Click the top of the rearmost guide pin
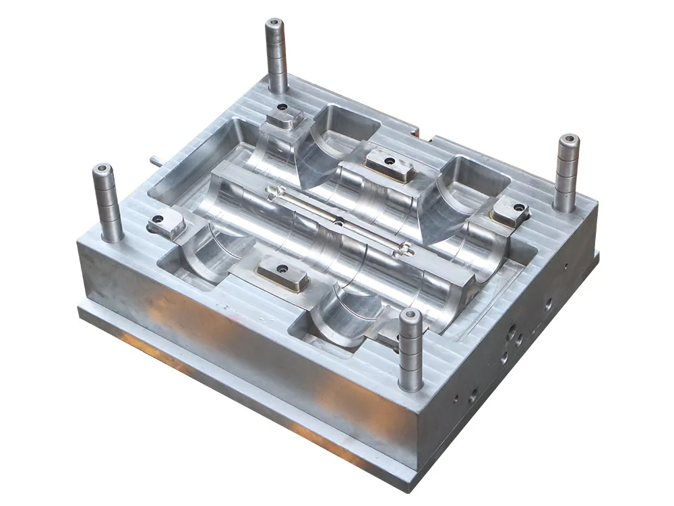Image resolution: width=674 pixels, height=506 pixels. click(x=274, y=24)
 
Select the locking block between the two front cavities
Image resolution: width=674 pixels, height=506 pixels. click(x=279, y=273)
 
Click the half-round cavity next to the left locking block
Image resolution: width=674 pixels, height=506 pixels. click(x=209, y=253)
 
